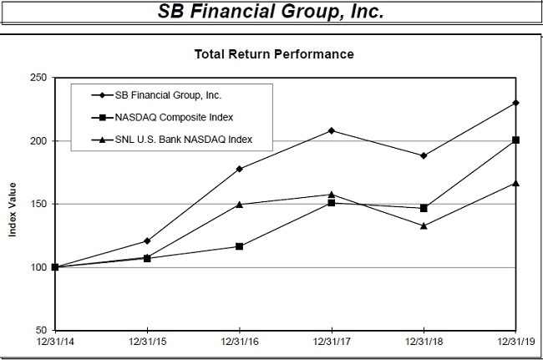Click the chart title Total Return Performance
click(x=274, y=54)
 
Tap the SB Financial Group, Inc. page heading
click(x=271, y=13)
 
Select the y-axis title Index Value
click(x=13, y=205)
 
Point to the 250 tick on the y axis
click(x=38, y=78)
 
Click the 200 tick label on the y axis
click(x=38, y=140)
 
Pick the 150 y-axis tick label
click(x=38, y=204)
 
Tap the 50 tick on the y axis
click(x=40, y=330)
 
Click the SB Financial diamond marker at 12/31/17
click(x=332, y=130)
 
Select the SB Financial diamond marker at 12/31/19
click(x=515, y=103)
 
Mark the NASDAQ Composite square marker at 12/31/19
click(x=515, y=139)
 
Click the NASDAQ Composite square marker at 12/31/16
click(x=240, y=246)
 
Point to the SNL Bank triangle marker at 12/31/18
click(x=424, y=226)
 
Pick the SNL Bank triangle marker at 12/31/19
click(x=515, y=183)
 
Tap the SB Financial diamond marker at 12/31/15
click(x=148, y=241)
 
